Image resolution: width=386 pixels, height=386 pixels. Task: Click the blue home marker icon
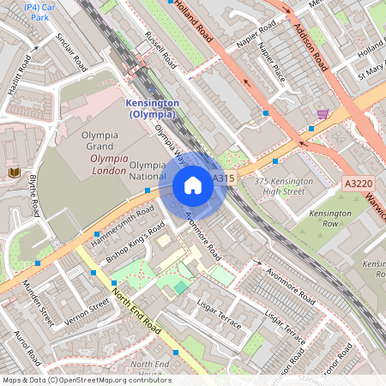coord(193,185)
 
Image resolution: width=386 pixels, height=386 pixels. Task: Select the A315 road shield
coord(223,178)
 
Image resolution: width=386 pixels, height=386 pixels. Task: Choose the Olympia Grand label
coord(105,141)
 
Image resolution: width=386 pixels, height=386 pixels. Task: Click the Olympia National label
coord(147,170)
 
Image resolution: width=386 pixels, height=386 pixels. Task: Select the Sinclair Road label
coord(70,53)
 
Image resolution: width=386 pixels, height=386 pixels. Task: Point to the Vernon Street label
coord(88,312)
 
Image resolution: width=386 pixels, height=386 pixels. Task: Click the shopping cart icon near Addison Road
coord(323,114)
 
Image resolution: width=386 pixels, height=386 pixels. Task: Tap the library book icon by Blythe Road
coord(14,173)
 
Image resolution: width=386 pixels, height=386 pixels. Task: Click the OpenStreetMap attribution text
coord(87,380)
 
